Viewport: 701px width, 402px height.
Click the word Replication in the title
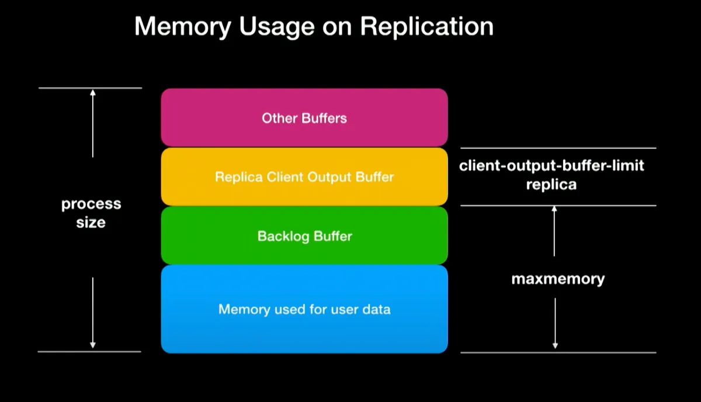pyautogui.click(x=426, y=27)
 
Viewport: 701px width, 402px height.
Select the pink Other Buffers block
pyautogui.click(x=304, y=118)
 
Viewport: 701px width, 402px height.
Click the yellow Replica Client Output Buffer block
pyautogui.click(x=304, y=176)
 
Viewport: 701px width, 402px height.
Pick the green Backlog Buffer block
pyautogui.click(x=304, y=236)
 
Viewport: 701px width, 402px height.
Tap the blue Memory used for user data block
pyautogui.click(x=304, y=309)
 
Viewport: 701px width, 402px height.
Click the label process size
pyautogui.click(x=91, y=213)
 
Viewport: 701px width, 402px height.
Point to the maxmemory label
pyautogui.click(x=558, y=279)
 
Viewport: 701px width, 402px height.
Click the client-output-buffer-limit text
pyautogui.click(x=551, y=165)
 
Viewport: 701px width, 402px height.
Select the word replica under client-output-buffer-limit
pyautogui.click(x=551, y=185)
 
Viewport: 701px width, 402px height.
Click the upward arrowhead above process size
pyautogui.click(x=92, y=92)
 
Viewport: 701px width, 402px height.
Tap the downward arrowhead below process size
pyautogui.click(x=92, y=346)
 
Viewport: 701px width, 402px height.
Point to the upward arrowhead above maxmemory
pyautogui.click(x=554, y=209)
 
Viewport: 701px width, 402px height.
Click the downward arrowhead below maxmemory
pyautogui.click(x=555, y=346)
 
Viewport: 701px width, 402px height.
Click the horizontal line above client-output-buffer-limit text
pyautogui.click(x=558, y=148)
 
